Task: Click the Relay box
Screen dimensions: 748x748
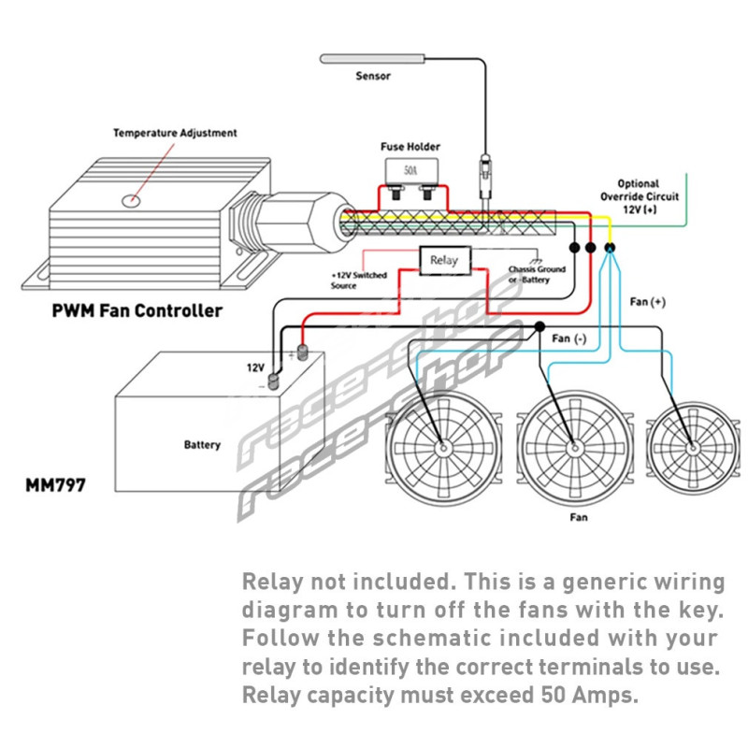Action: point(444,260)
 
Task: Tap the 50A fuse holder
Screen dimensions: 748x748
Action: point(410,174)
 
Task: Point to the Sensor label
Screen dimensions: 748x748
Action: point(373,76)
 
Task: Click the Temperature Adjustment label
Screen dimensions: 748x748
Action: point(175,133)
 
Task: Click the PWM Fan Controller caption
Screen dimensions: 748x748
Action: point(137,310)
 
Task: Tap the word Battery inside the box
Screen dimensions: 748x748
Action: point(202,445)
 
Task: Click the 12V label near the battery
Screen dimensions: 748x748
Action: point(255,367)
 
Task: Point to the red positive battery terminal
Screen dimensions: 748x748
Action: point(302,352)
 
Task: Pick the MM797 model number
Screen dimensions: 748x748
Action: point(56,486)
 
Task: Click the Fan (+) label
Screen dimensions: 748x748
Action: point(648,302)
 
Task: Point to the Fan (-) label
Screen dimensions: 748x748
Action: point(569,338)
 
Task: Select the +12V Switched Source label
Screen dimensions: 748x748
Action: point(357,280)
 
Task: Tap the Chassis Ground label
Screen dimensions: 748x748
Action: point(537,274)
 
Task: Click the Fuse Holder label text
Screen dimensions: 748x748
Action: point(410,147)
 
